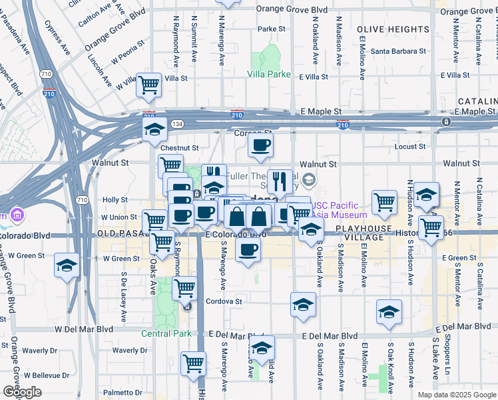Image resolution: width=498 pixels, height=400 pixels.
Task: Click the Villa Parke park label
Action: click(269, 74)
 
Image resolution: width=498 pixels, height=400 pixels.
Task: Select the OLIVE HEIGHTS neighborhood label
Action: click(393, 30)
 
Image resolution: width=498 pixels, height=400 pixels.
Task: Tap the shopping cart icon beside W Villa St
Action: click(148, 85)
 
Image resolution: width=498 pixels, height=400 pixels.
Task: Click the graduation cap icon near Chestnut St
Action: click(154, 129)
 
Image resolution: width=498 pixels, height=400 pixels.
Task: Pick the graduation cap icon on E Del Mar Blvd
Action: click(262, 347)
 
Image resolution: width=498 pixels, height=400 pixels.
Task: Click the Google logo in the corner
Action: click(22, 392)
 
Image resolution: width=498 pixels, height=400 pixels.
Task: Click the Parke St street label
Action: click(271, 29)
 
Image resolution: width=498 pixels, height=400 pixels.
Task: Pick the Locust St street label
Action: click(410, 146)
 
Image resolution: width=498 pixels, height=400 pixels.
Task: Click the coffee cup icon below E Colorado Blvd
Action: click(248, 250)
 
